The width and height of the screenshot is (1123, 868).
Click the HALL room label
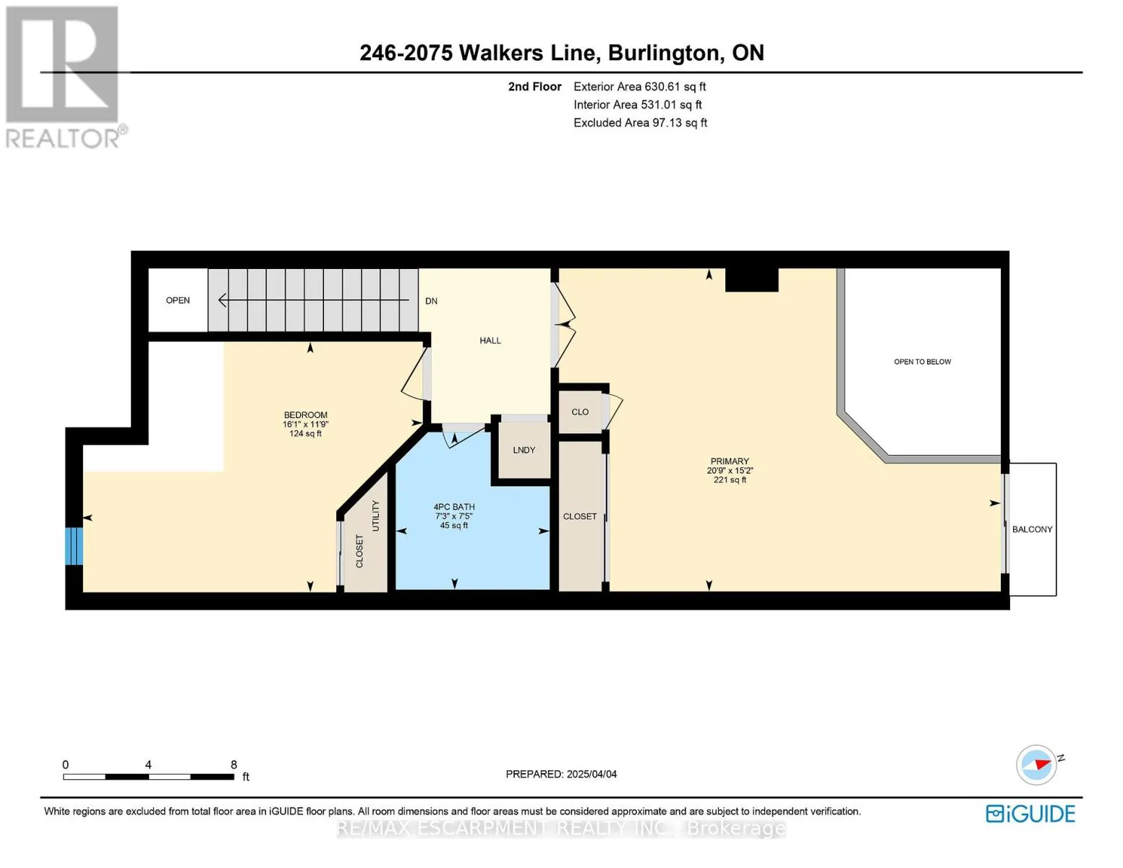(x=490, y=340)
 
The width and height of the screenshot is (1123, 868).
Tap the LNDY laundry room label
(x=524, y=450)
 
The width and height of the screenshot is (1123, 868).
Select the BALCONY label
(x=1032, y=529)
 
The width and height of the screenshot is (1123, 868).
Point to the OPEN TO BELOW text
(x=922, y=362)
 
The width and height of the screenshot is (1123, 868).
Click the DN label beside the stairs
(x=431, y=301)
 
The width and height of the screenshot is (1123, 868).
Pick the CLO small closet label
(x=580, y=412)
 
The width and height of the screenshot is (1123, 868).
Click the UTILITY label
(x=376, y=516)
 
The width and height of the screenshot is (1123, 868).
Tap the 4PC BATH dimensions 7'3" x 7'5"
(x=453, y=516)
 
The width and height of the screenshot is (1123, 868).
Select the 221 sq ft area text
(x=730, y=480)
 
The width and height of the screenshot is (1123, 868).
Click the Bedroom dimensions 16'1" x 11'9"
(x=305, y=424)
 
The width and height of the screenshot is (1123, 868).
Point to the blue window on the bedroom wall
(x=74, y=546)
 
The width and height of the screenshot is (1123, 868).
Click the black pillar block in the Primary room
(x=751, y=280)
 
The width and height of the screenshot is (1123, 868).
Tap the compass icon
(x=1036, y=765)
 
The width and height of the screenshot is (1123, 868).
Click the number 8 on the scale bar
(x=234, y=764)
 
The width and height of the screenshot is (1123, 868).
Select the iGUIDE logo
(x=1030, y=814)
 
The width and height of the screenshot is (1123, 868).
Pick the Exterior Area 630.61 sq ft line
(x=639, y=86)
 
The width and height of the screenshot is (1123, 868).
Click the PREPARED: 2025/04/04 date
(x=560, y=774)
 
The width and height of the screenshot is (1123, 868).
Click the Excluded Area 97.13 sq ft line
(x=640, y=122)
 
